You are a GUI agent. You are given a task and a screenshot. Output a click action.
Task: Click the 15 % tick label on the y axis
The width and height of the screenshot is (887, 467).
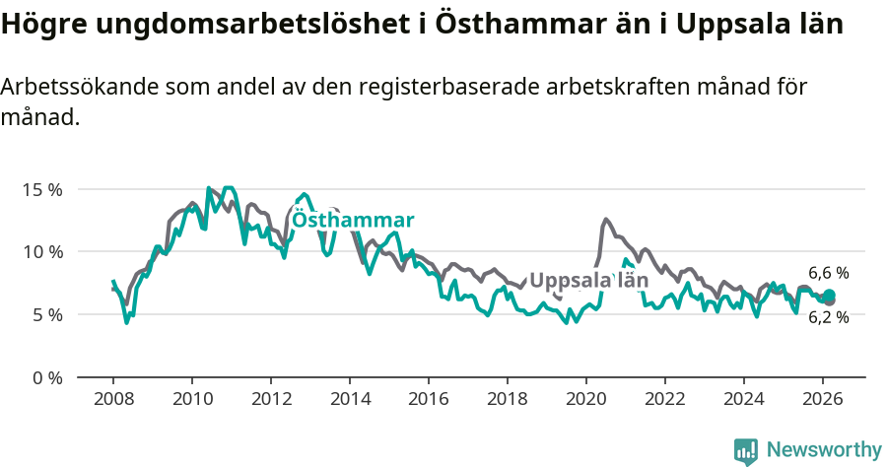(41, 189)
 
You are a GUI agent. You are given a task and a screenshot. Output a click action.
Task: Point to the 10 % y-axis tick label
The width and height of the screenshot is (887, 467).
(41, 252)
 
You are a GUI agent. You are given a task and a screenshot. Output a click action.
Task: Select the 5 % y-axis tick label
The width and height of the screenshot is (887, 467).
(45, 315)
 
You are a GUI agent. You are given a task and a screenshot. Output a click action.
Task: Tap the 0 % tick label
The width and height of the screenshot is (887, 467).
(45, 378)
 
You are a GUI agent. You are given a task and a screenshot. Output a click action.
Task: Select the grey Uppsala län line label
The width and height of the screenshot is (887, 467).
(589, 281)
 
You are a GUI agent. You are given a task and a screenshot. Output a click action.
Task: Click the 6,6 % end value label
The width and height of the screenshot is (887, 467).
(828, 273)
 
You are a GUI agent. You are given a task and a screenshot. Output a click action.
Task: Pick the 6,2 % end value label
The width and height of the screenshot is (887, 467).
(828, 317)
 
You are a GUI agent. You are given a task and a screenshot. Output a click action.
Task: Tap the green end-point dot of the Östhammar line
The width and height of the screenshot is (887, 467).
(829, 296)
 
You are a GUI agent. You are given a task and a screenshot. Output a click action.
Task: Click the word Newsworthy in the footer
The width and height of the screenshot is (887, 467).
(824, 449)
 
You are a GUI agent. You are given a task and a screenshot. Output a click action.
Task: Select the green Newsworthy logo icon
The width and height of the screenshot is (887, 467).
(746, 450)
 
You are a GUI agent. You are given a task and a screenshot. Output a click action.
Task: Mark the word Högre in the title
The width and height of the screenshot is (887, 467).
(37, 25)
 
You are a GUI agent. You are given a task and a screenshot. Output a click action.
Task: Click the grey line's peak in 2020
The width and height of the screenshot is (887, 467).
(605, 219)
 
